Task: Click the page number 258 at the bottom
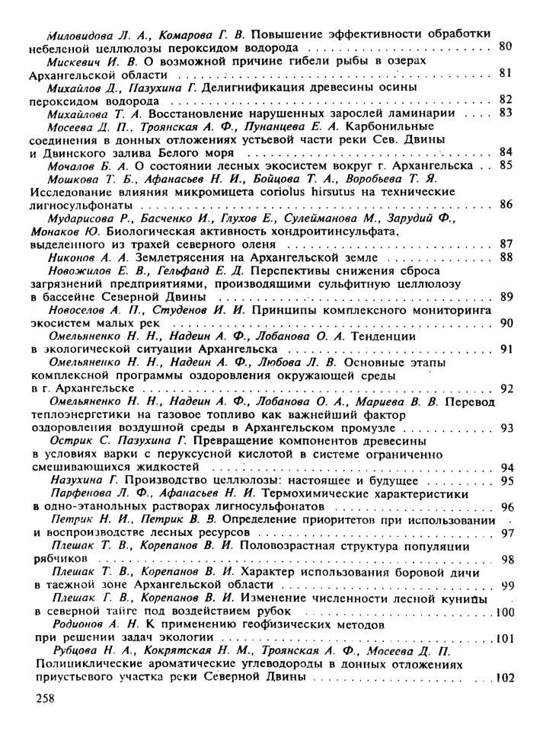click(46, 698)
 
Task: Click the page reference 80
click(504, 46)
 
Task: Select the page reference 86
click(506, 204)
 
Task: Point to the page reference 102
click(505, 678)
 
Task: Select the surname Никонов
click(75, 257)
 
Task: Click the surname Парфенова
click(85, 493)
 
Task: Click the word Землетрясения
click(186, 257)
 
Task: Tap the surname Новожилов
click(81, 270)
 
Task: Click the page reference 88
click(506, 257)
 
